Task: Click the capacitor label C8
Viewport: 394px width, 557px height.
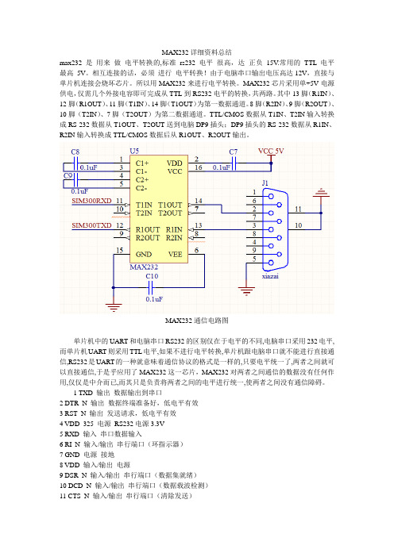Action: point(75,152)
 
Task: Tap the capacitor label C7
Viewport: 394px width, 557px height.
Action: point(234,152)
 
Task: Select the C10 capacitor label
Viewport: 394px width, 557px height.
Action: point(152,276)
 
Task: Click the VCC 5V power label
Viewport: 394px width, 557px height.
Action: point(271,151)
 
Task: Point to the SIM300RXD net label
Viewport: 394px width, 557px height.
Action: point(91,201)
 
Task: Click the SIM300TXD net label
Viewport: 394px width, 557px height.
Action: point(91,225)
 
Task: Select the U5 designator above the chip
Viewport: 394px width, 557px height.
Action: point(134,151)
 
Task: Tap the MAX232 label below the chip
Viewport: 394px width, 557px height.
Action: point(144,267)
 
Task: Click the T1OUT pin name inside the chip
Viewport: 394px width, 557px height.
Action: point(170,205)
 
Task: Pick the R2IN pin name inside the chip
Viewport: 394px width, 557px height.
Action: point(174,238)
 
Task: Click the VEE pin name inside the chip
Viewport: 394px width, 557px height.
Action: point(175,255)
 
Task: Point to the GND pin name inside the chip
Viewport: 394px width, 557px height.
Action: point(144,255)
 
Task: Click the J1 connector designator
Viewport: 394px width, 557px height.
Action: point(265,183)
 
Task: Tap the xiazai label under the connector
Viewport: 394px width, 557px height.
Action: point(270,276)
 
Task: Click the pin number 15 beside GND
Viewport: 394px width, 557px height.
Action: point(120,251)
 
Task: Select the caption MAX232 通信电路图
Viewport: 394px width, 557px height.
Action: point(197,321)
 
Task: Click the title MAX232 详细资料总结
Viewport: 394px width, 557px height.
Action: point(197,52)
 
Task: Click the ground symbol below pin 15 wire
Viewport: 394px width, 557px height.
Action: point(114,307)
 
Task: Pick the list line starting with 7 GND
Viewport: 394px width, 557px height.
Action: point(87,455)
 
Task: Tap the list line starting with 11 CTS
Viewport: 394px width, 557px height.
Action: point(126,496)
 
